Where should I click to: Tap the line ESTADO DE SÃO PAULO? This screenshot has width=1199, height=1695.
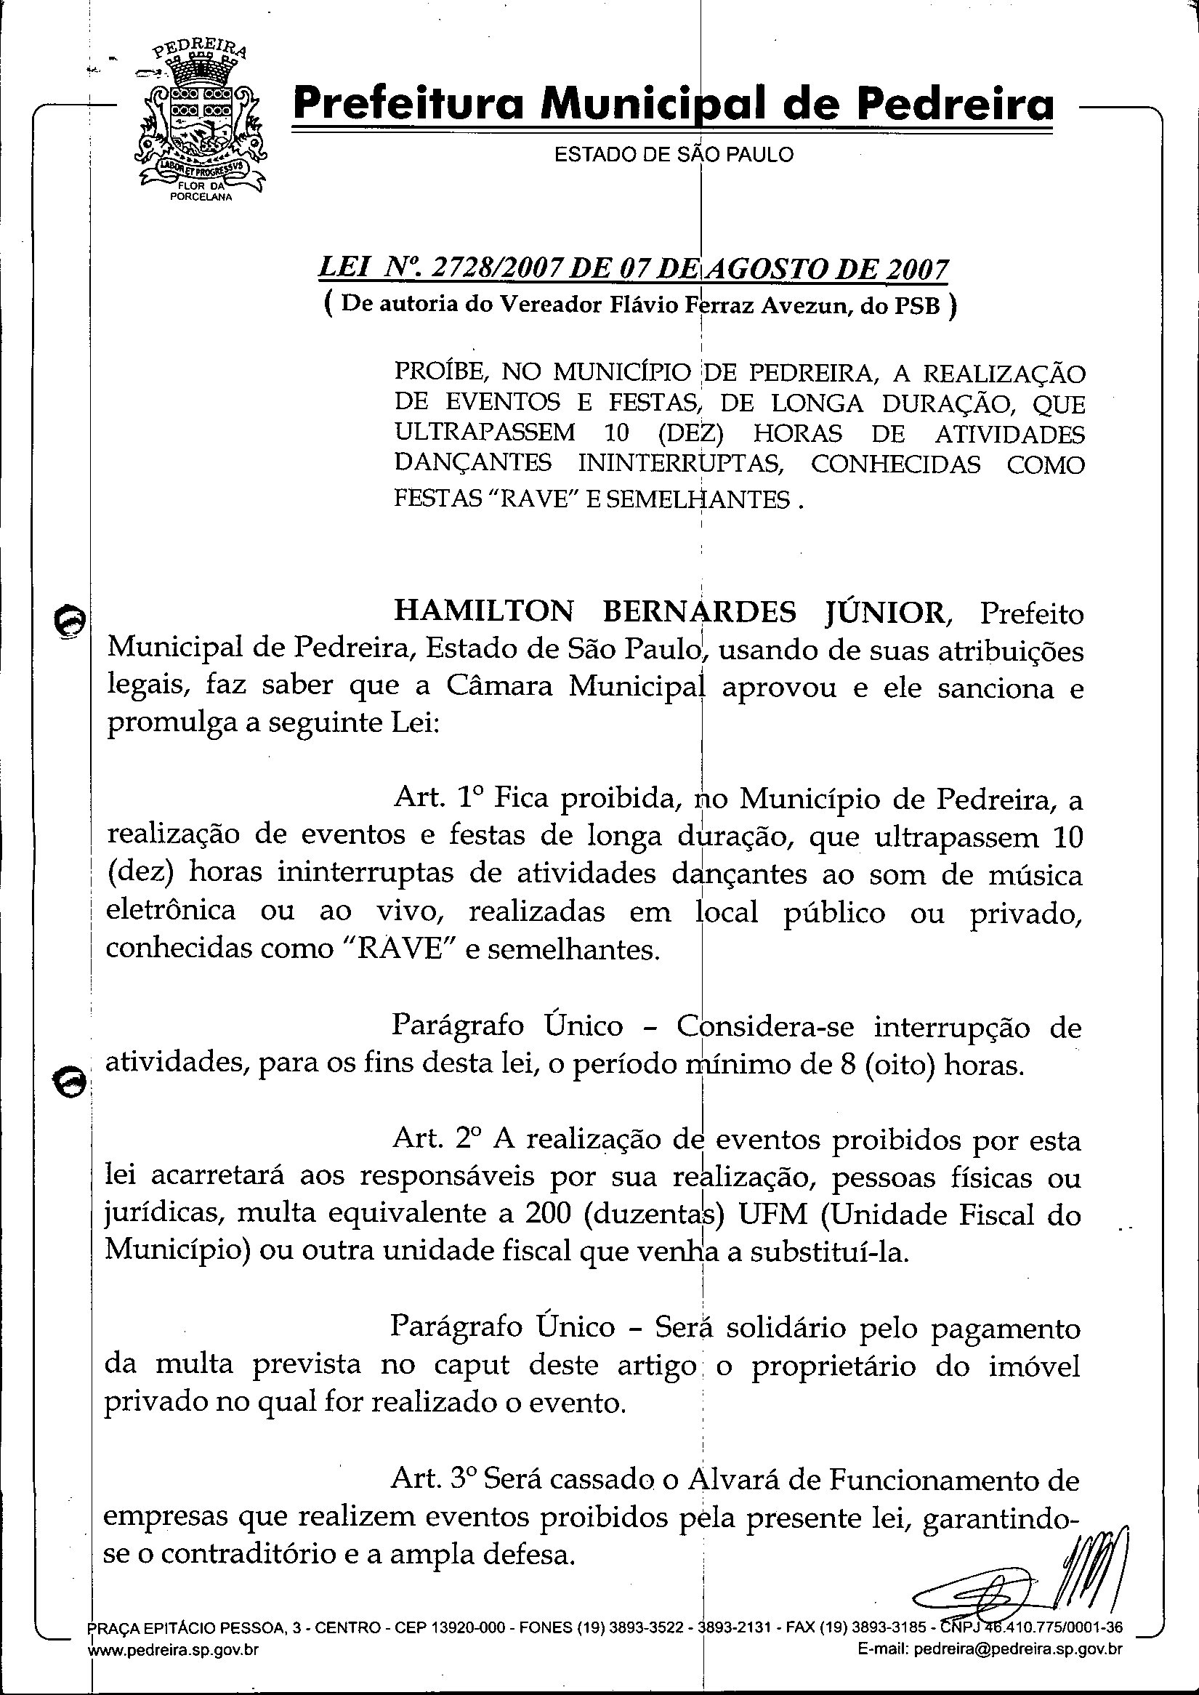pyautogui.click(x=674, y=155)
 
